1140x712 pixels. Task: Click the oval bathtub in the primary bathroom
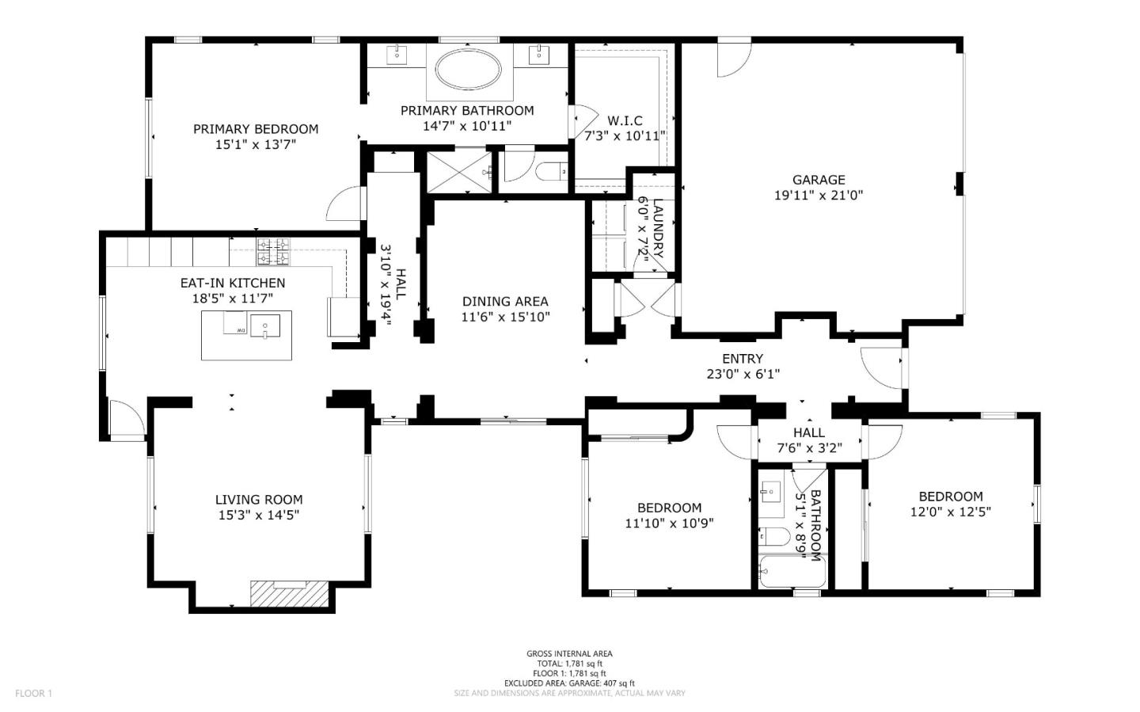pyautogui.click(x=468, y=69)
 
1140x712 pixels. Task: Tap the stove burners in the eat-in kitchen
pyautogui.click(x=273, y=252)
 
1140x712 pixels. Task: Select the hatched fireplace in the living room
pyautogui.click(x=289, y=593)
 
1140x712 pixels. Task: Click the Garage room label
pyautogui.click(x=819, y=179)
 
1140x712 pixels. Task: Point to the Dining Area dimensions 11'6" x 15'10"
pyautogui.click(x=505, y=318)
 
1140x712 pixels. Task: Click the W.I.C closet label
pyautogui.click(x=625, y=120)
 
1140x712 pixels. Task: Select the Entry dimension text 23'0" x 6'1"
pyautogui.click(x=743, y=375)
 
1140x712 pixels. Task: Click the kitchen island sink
pyautogui.click(x=264, y=326)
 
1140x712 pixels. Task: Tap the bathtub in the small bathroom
pyautogui.click(x=792, y=572)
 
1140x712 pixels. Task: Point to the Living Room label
pyautogui.click(x=259, y=500)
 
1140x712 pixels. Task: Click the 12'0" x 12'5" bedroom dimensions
pyautogui.click(x=951, y=512)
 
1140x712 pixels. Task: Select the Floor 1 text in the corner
pyautogui.click(x=33, y=693)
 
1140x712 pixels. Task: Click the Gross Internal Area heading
pyautogui.click(x=569, y=653)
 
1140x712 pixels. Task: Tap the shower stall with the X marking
pyautogui.click(x=459, y=172)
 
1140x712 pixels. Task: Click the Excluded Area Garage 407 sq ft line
pyautogui.click(x=569, y=683)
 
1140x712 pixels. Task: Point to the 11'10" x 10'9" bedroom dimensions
pyautogui.click(x=669, y=523)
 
